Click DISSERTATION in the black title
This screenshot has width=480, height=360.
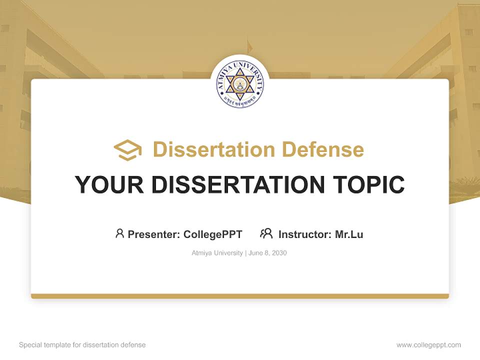(237, 185)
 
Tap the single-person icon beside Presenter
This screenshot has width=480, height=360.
(119, 233)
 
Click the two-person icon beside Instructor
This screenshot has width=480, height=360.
(266, 233)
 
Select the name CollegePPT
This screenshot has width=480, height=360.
(213, 234)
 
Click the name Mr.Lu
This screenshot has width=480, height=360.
(349, 234)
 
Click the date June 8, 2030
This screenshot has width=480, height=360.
(267, 253)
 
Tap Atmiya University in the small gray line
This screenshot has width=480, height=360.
(217, 253)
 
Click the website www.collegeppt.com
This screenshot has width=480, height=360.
(428, 345)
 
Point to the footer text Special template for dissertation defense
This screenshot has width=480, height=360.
(82, 345)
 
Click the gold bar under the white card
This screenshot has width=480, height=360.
(240, 296)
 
